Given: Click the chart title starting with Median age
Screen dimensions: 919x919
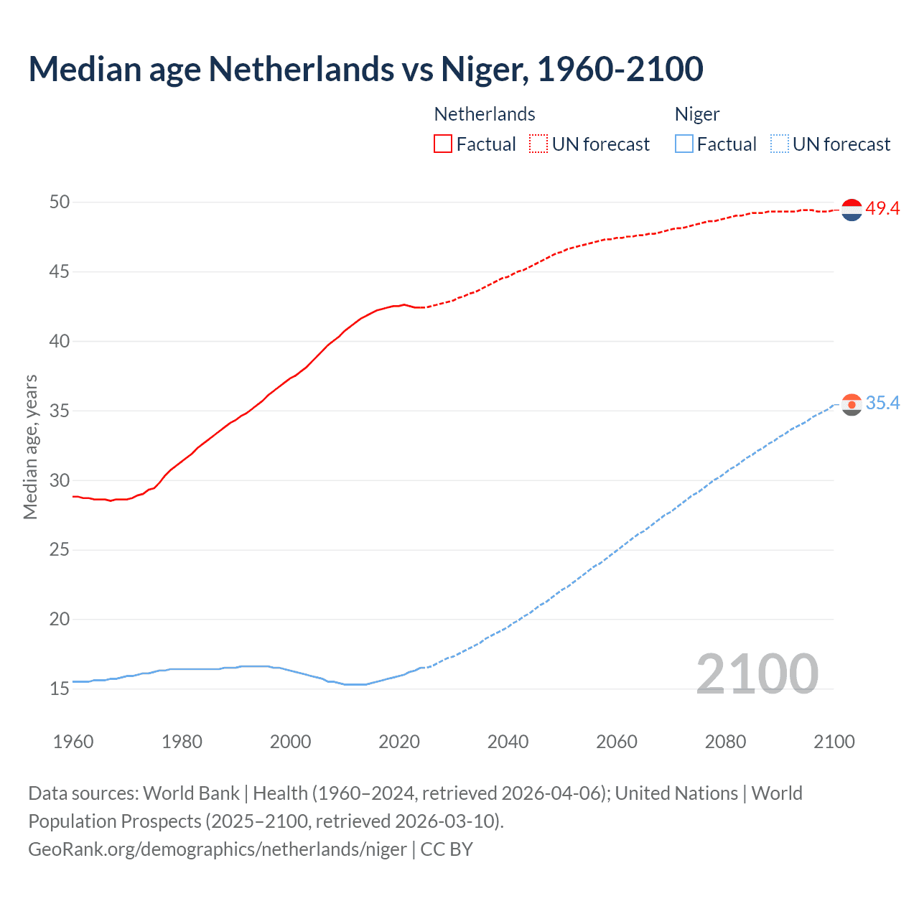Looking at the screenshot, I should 365,69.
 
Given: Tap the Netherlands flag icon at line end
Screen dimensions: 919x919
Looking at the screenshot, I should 852,210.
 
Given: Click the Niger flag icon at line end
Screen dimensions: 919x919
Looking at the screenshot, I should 852,405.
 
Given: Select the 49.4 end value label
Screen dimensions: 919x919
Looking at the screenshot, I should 882,209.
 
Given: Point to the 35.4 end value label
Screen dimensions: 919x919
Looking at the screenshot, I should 882,403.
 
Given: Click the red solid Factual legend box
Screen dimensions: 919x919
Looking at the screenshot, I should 443,144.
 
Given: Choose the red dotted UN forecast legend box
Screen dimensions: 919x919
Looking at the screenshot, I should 538,144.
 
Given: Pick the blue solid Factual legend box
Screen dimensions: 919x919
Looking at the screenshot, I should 684,144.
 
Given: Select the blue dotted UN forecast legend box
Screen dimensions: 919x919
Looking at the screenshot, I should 779,144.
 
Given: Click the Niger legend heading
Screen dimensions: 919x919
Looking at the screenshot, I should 696,114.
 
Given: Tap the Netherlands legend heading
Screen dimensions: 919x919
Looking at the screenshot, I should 485,114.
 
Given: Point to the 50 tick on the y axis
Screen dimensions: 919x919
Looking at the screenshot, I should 60,202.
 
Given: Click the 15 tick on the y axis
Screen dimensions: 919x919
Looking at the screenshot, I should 60,689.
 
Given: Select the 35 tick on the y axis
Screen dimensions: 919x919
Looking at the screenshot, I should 60,411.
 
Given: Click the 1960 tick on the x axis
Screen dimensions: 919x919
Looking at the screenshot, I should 73,742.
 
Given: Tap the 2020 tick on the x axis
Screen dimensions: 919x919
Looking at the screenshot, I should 399,742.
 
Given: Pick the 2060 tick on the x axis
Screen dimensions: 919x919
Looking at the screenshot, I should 617,742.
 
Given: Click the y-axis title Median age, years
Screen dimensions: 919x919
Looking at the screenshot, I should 30,447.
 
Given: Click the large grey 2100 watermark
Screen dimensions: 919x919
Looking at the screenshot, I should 757,673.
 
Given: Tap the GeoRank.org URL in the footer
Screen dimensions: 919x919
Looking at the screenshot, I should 218,849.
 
